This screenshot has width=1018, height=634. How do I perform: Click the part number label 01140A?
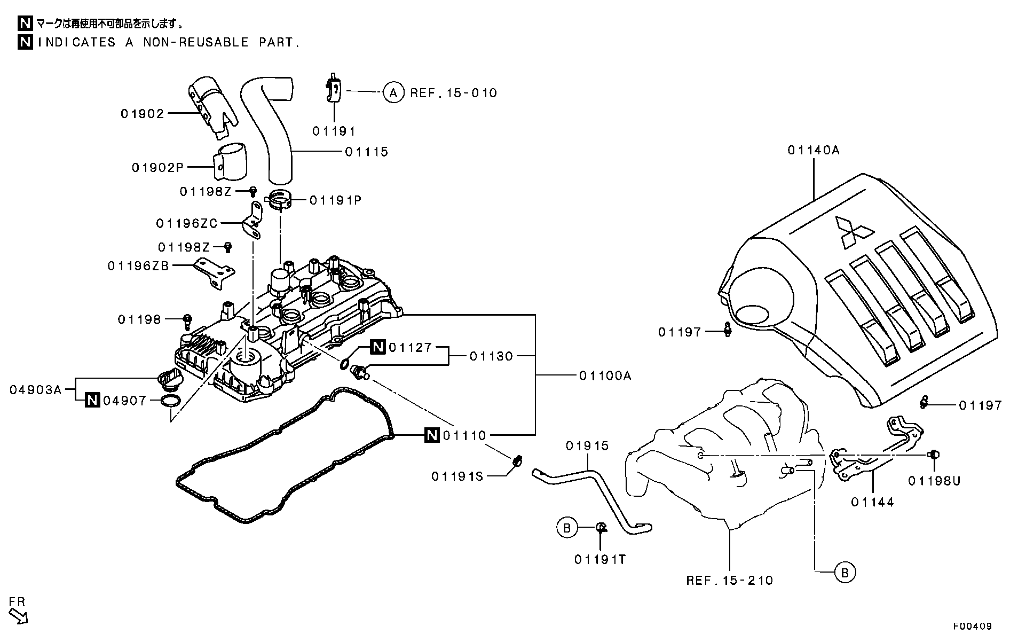pos(813,151)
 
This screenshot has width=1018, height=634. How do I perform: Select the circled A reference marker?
pos(393,93)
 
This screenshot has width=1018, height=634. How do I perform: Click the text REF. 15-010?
pos(453,93)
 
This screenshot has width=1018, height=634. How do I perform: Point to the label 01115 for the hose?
pos(366,152)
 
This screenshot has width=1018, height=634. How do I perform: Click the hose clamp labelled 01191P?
pos(279,199)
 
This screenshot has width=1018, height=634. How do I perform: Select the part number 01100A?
pos(605,376)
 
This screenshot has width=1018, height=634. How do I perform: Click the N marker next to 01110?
pos(431,436)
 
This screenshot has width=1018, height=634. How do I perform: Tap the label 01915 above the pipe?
pos(587,446)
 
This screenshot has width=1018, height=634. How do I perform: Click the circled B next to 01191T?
pos(567,528)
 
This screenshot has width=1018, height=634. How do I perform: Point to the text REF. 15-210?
pos(729,581)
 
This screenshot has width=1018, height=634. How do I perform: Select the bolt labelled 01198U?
pos(934,455)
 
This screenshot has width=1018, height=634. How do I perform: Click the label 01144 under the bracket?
pos(872,502)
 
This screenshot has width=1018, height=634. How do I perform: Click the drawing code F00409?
pos(973,626)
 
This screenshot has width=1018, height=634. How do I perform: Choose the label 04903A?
pos(35,390)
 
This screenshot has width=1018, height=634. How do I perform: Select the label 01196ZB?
pos(138,265)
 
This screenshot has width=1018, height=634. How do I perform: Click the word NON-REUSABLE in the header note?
pos(195,42)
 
